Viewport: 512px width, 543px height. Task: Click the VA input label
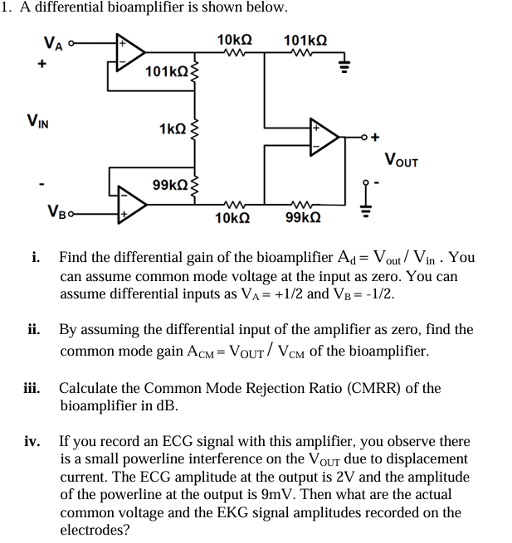(53, 44)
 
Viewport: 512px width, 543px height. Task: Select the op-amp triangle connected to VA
(130, 52)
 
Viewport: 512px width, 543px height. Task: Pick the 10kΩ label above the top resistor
(234, 39)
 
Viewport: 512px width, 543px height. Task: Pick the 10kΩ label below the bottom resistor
(231, 218)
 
